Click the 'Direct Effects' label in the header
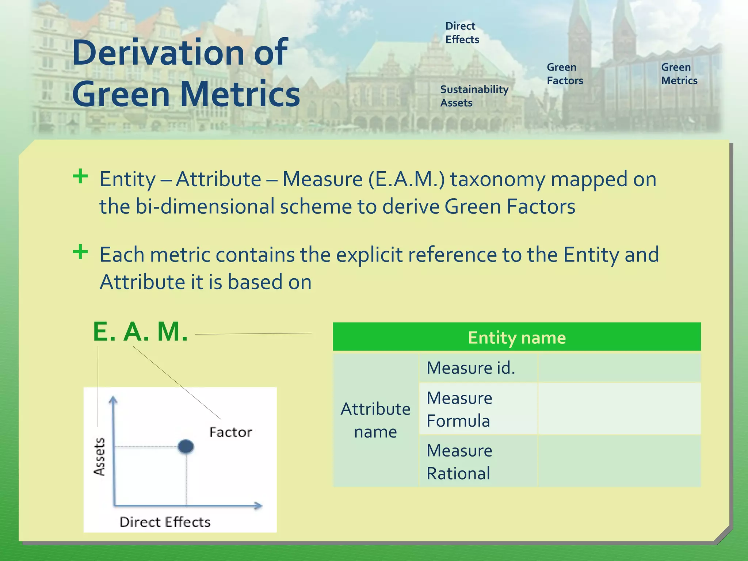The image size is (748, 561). [x=462, y=33]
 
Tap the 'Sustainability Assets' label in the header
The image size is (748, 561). [x=474, y=96]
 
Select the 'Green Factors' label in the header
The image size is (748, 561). [x=564, y=74]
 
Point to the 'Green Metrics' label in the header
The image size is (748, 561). [x=679, y=74]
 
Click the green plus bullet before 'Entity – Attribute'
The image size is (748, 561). [x=80, y=177]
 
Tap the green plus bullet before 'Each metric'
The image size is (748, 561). [x=80, y=252]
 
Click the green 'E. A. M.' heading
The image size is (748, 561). [x=141, y=332]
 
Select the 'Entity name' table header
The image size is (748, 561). [x=516, y=337]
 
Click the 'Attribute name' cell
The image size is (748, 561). [x=375, y=420]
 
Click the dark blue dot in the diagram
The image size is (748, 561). [x=186, y=446]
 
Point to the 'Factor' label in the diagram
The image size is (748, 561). [x=230, y=432]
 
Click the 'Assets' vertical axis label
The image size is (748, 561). [x=99, y=457]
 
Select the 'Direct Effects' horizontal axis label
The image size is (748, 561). [x=165, y=522]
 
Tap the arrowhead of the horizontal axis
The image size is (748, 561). [x=259, y=506]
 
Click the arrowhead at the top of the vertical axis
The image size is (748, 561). [x=113, y=400]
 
